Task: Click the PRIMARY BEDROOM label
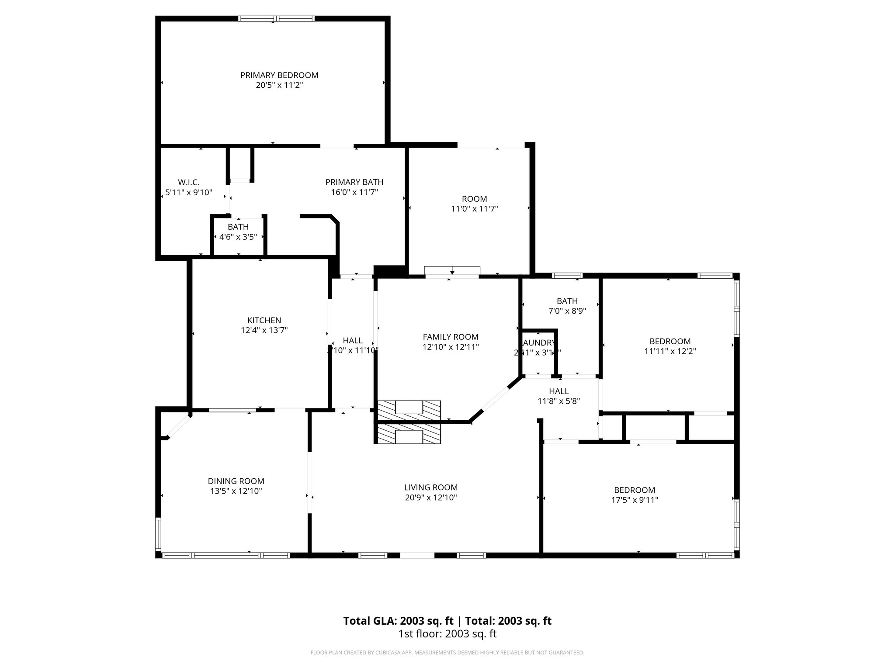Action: pyautogui.click(x=279, y=75)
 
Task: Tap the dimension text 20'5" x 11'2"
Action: pyautogui.click(x=279, y=85)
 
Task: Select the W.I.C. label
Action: pyautogui.click(x=188, y=182)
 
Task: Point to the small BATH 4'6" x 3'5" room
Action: pyautogui.click(x=238, y=236)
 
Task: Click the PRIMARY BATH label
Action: pyautogui.click(x=354, y=182)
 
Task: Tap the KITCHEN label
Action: pyautogui.click(x=264, y=320)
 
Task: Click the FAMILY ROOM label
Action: pyautogui.click(x=451, y=337)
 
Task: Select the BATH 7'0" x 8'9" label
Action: pyautogui.click(x=567, y=301)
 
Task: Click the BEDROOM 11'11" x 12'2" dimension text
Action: pyautogui.click(x=670, y=351)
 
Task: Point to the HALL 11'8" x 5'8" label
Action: pyautogui.click(x=559, y=391)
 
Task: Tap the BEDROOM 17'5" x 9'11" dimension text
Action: pyautogui.click(x=635, y=500)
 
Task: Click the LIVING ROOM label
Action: pyautogui.click(x=430, y=488)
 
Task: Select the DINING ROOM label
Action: pyautogui.click(x=236, y=481)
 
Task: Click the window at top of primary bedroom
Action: pyautogui.click(x=276, y=19)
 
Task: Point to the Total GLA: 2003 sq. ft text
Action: pyautogui.click(x=399, y=621)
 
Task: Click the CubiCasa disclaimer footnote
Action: pyautogui.click(x=447, y=653)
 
